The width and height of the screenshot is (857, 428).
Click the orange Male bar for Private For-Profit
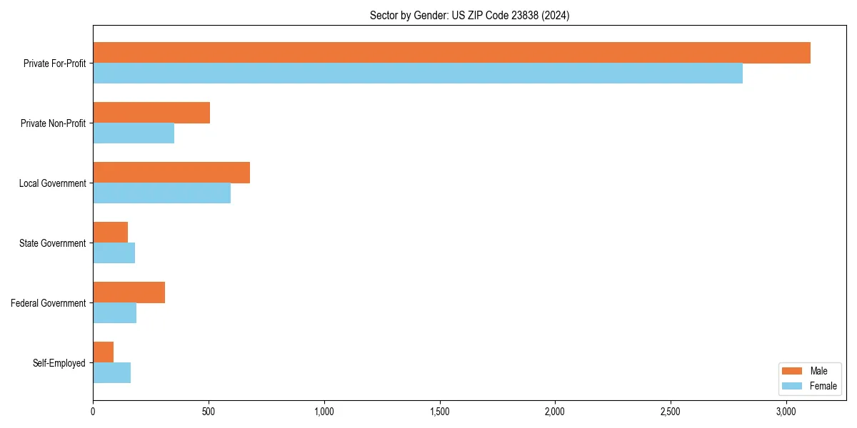coord(451,53)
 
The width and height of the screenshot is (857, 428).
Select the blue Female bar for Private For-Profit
coord(418,73)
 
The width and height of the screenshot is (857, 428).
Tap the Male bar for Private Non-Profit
coord(151,113)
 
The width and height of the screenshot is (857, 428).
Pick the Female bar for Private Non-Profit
coord(134,133)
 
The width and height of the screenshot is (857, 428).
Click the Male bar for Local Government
coord(171,173)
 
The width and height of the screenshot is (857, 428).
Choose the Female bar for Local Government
coord(161,193)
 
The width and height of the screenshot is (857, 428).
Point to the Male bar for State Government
coord(110,233)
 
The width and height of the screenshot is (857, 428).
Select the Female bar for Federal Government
coord(114,313)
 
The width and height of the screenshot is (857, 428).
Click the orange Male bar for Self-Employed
coord(103,352)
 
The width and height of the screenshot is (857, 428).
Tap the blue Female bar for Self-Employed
coord(111,373)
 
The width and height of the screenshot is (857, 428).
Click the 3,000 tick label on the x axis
coord(786,412)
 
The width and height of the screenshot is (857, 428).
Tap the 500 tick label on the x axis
coord(209,412)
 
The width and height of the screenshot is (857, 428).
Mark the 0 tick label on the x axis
coord(93,412)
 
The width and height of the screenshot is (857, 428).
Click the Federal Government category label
coord(49,303)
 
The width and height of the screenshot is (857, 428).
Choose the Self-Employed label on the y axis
coord(59,363)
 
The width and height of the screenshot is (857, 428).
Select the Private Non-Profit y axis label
coord(53,123)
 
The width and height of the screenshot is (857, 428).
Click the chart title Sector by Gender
coord(469,15)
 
